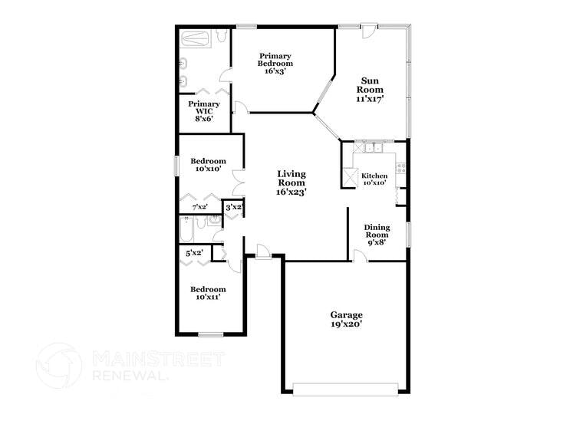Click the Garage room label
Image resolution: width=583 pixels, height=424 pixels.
[346, 314]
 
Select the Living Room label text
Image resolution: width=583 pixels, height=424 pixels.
[291, 183]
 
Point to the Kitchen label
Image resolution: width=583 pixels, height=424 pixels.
[374, 176]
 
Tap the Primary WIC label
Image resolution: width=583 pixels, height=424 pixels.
[204, 109]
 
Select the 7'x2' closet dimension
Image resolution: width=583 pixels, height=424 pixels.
[199, 207]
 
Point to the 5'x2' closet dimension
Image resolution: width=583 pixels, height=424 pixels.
[195, 252]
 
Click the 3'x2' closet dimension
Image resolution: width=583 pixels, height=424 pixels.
[234, 207]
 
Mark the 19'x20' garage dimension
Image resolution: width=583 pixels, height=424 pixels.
[346, 324]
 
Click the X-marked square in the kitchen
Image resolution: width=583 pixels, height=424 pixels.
[350, 177]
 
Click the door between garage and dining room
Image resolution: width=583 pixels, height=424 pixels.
[359, 258]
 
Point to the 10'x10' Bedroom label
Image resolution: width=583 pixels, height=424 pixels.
[209, 165]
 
